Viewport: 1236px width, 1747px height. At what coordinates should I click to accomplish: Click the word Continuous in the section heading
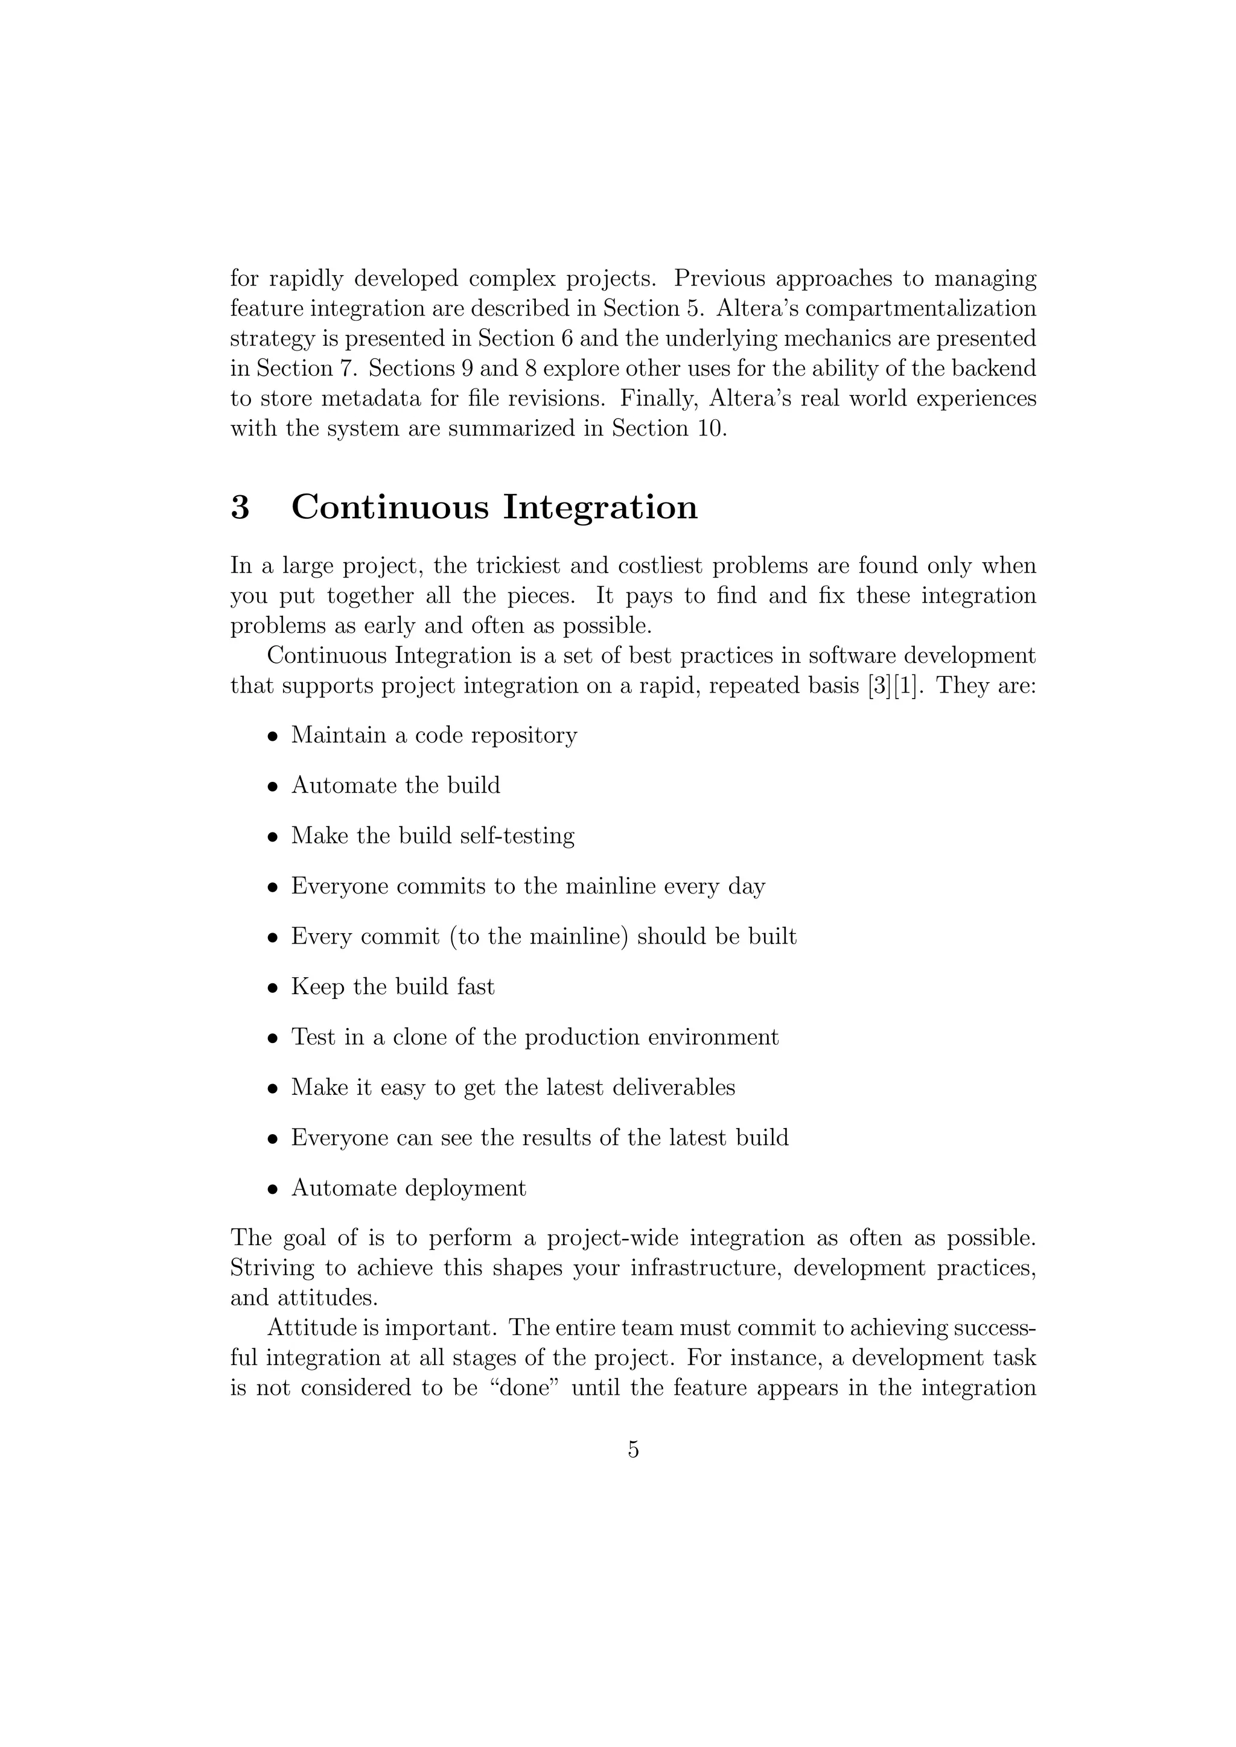pos(390,507)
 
